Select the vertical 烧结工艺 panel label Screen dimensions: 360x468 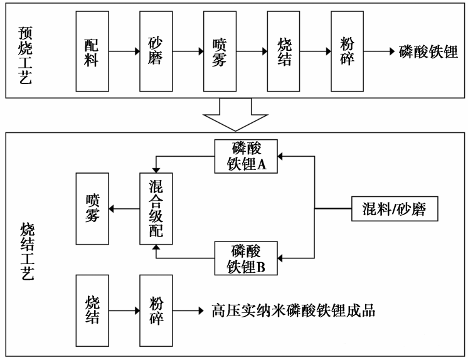(x=26, y=251)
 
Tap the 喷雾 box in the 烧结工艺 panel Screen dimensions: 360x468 (x=91, y=208)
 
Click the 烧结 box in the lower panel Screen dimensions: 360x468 (x=91, y=309)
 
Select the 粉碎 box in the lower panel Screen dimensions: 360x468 (x=156, y=309)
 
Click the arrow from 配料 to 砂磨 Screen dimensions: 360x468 (x=123, y=51)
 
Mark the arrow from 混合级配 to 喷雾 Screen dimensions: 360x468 (x=124, y=208)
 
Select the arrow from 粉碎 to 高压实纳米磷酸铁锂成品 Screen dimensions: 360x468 (x=187, y=310)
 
